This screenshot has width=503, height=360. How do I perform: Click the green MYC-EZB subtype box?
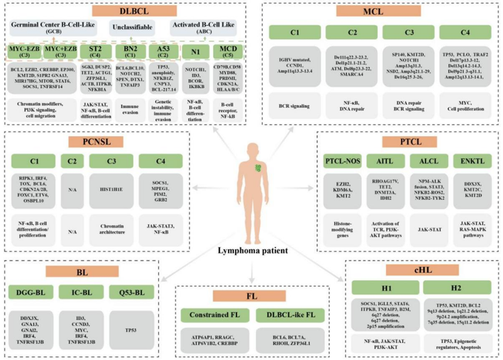23,50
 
